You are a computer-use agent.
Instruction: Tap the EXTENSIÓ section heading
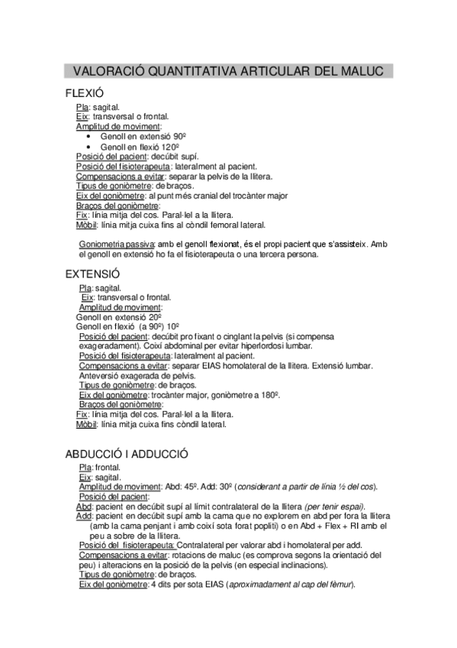92,274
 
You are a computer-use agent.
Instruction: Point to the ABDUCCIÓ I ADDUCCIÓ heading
127,454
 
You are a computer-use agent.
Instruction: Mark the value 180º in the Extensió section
266,395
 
